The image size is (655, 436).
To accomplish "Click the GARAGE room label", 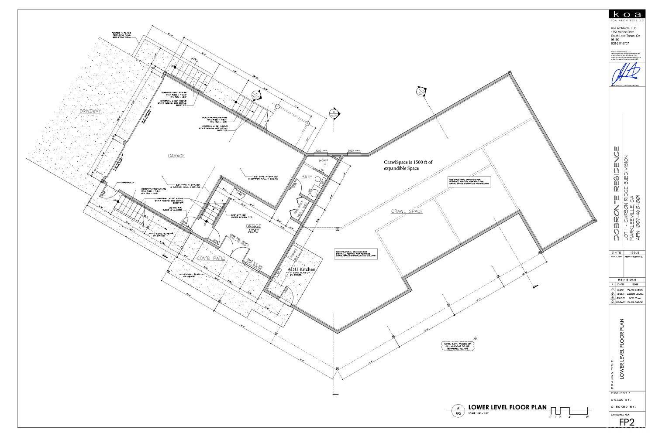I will click(x=176, y=156).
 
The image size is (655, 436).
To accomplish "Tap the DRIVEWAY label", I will click(x=90, y=112).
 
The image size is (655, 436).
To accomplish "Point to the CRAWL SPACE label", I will click(x=407, y=211).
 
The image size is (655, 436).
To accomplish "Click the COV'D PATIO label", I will click(x=211, y=259).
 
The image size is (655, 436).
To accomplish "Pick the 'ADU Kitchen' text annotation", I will click(x=301, y=270).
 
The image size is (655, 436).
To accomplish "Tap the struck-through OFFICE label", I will click(x=253, y=226).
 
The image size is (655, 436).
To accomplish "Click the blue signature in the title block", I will click(x=627, y=73).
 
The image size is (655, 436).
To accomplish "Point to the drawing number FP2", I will click(x=627, y=422).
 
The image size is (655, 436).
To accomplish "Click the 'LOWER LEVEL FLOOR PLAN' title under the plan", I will click(x=507, y=407).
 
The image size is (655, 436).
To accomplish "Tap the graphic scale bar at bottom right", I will click(x=570, y=411).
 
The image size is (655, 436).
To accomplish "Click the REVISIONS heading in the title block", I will click(x=627, y=279).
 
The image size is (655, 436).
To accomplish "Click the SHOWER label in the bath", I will click(x=323, y=161).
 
